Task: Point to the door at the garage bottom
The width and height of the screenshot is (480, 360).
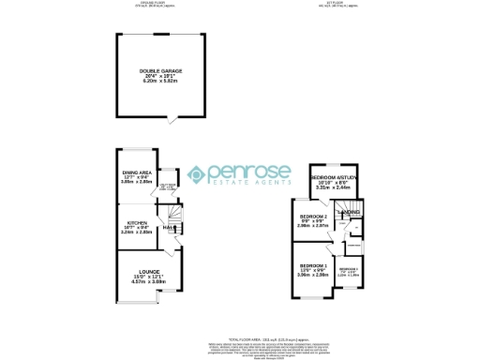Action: pos(170,120)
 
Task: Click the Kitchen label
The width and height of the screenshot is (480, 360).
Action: pos(136,223)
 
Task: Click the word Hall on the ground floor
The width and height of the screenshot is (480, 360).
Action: pos(169,228)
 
